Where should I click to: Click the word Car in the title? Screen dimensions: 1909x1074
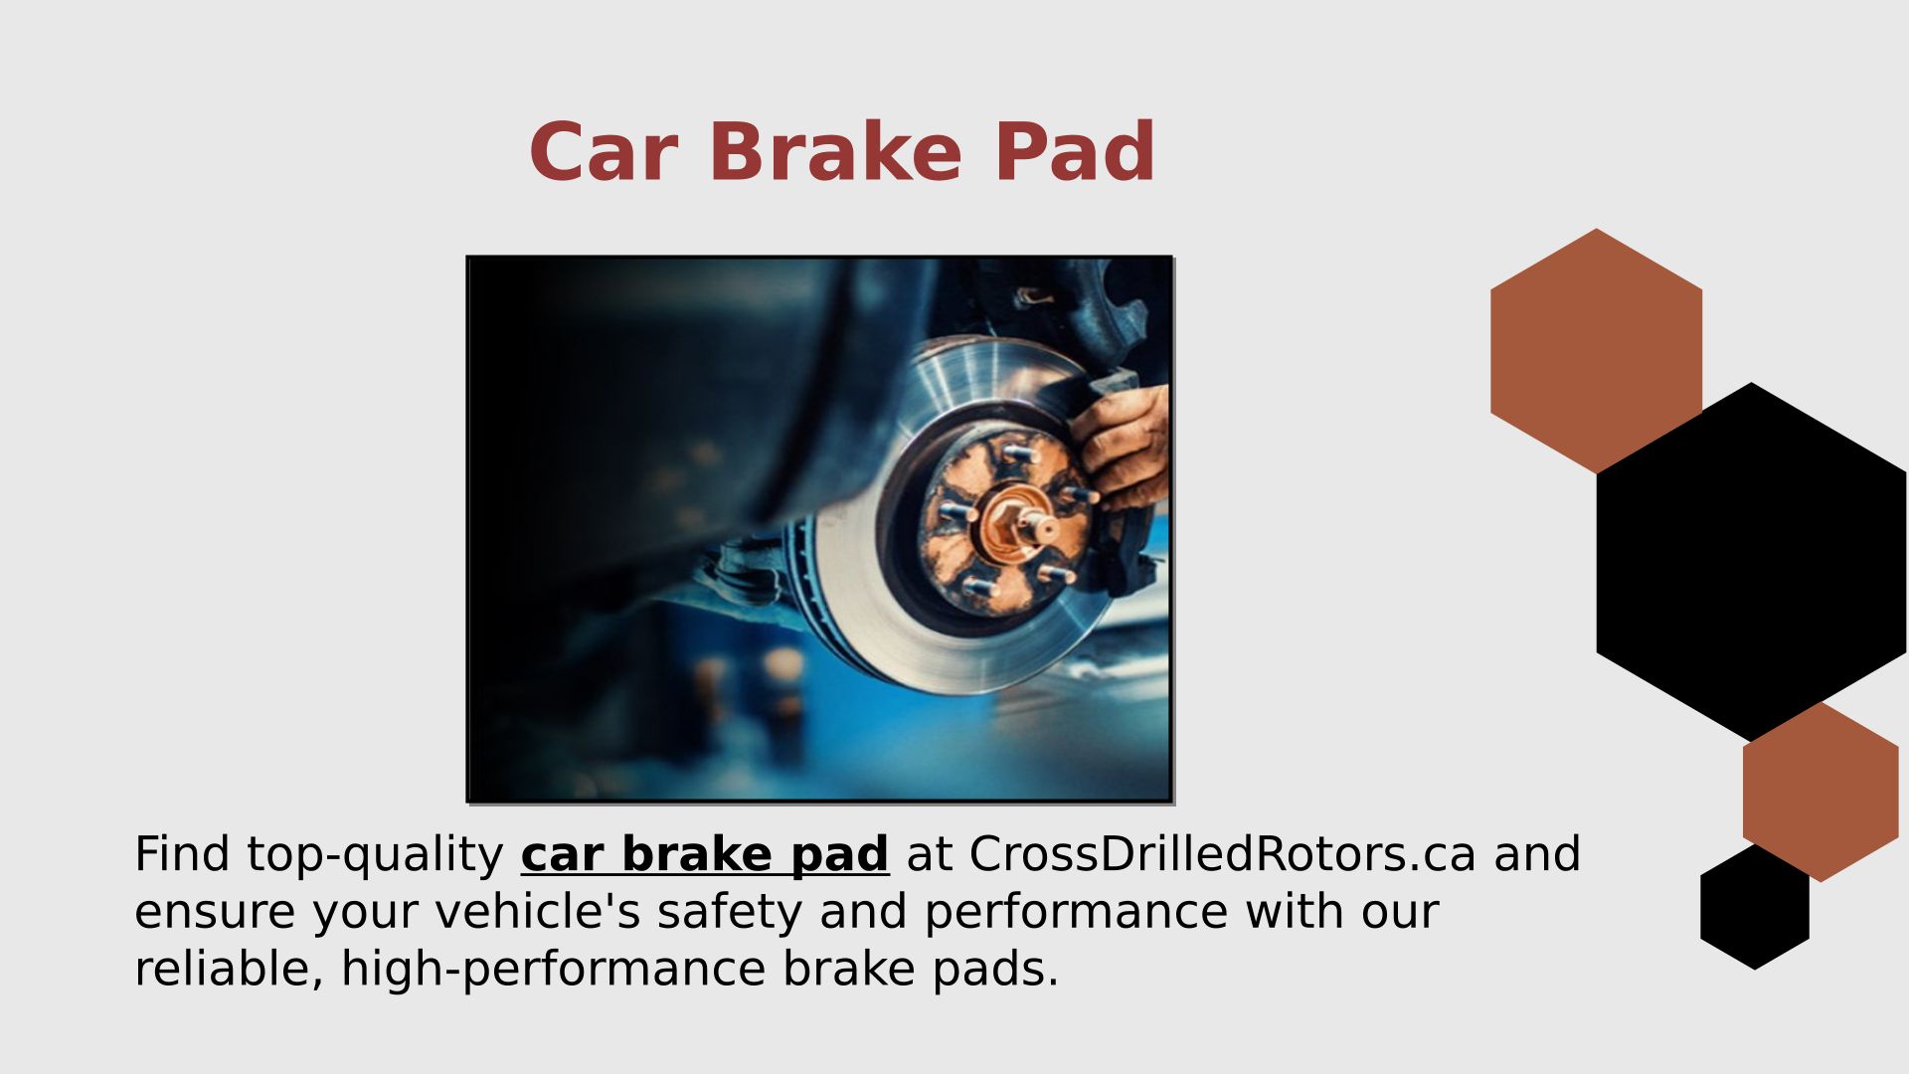pyautogui.click(x=604, y=152)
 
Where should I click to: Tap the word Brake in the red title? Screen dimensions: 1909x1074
pyautogui.click(x=835, y=152)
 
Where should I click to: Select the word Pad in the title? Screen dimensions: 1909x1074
pyautogui.click(x=1075, y=152)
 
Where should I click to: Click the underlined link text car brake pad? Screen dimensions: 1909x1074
pyautogui.click(x=705, y=854)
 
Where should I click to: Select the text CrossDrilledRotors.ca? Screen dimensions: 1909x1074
pyautogui.click(x=1223, y=854)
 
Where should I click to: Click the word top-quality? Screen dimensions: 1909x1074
pyautogui.click(x=376, y=856)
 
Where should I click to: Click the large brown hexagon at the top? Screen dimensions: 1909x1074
pyautogui.click(x=1596, y=351)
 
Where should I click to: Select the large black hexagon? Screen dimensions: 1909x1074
pyautogui.click(x=1751, y=562)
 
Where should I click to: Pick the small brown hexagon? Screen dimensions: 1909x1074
pyautogui.click(x=1821, y=792)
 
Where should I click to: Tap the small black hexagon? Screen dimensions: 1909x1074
pyautogui.click(x=1755, y=907)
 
